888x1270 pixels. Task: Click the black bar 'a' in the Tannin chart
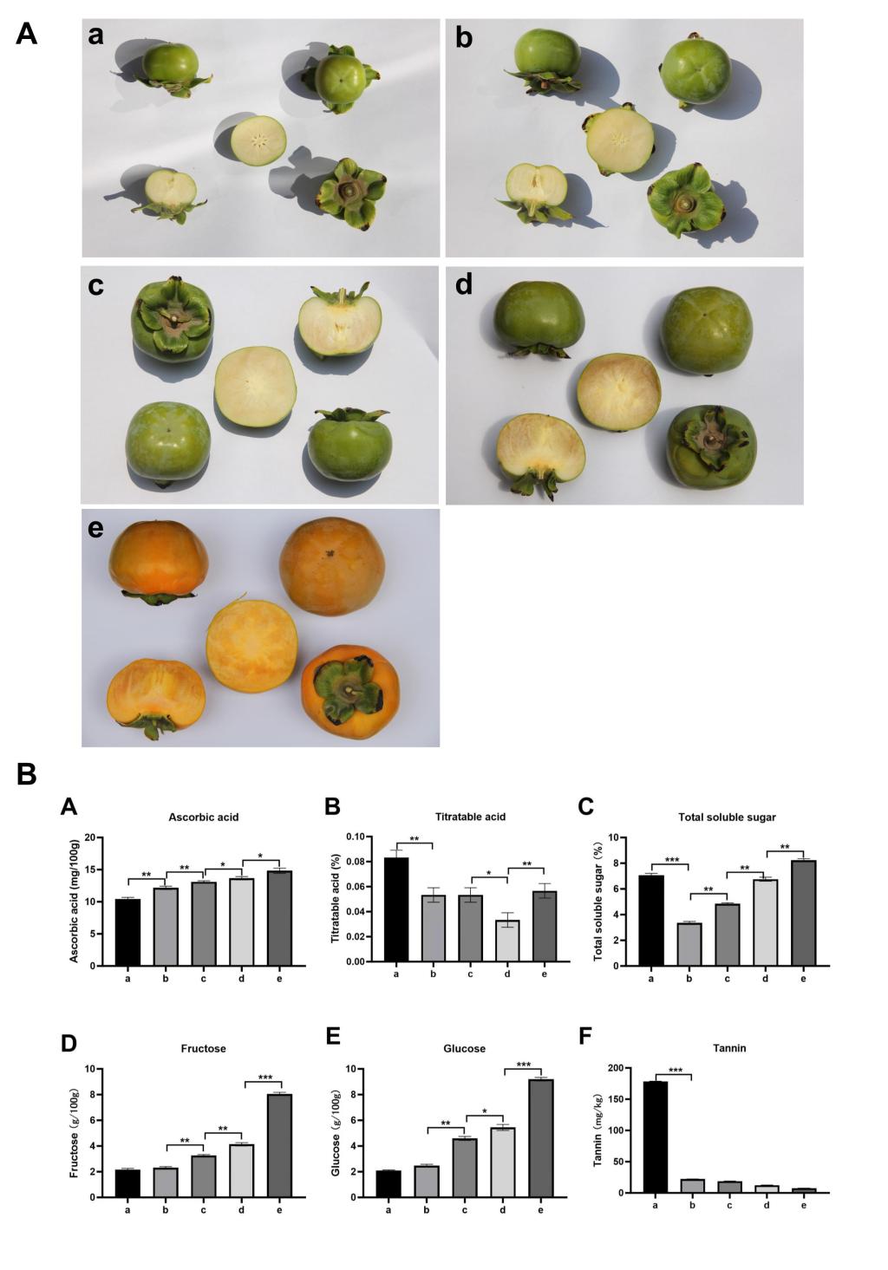[x=656, y=1136]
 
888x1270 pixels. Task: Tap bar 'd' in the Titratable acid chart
[x=507, y=941]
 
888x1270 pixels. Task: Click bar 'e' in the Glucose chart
[x=540, y=1137]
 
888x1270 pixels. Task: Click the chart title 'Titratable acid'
[x=470, y=817]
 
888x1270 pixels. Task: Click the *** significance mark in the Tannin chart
[x=675, y=1071]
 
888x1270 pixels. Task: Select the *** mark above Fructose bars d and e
[x=264, y=1078]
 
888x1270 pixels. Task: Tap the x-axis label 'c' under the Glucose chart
[x=464, y=1210]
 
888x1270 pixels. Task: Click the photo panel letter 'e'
[x=95, y=528]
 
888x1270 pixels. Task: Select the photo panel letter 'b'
[x=464, y=38]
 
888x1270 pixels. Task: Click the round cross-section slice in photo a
[x=258, y=140]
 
